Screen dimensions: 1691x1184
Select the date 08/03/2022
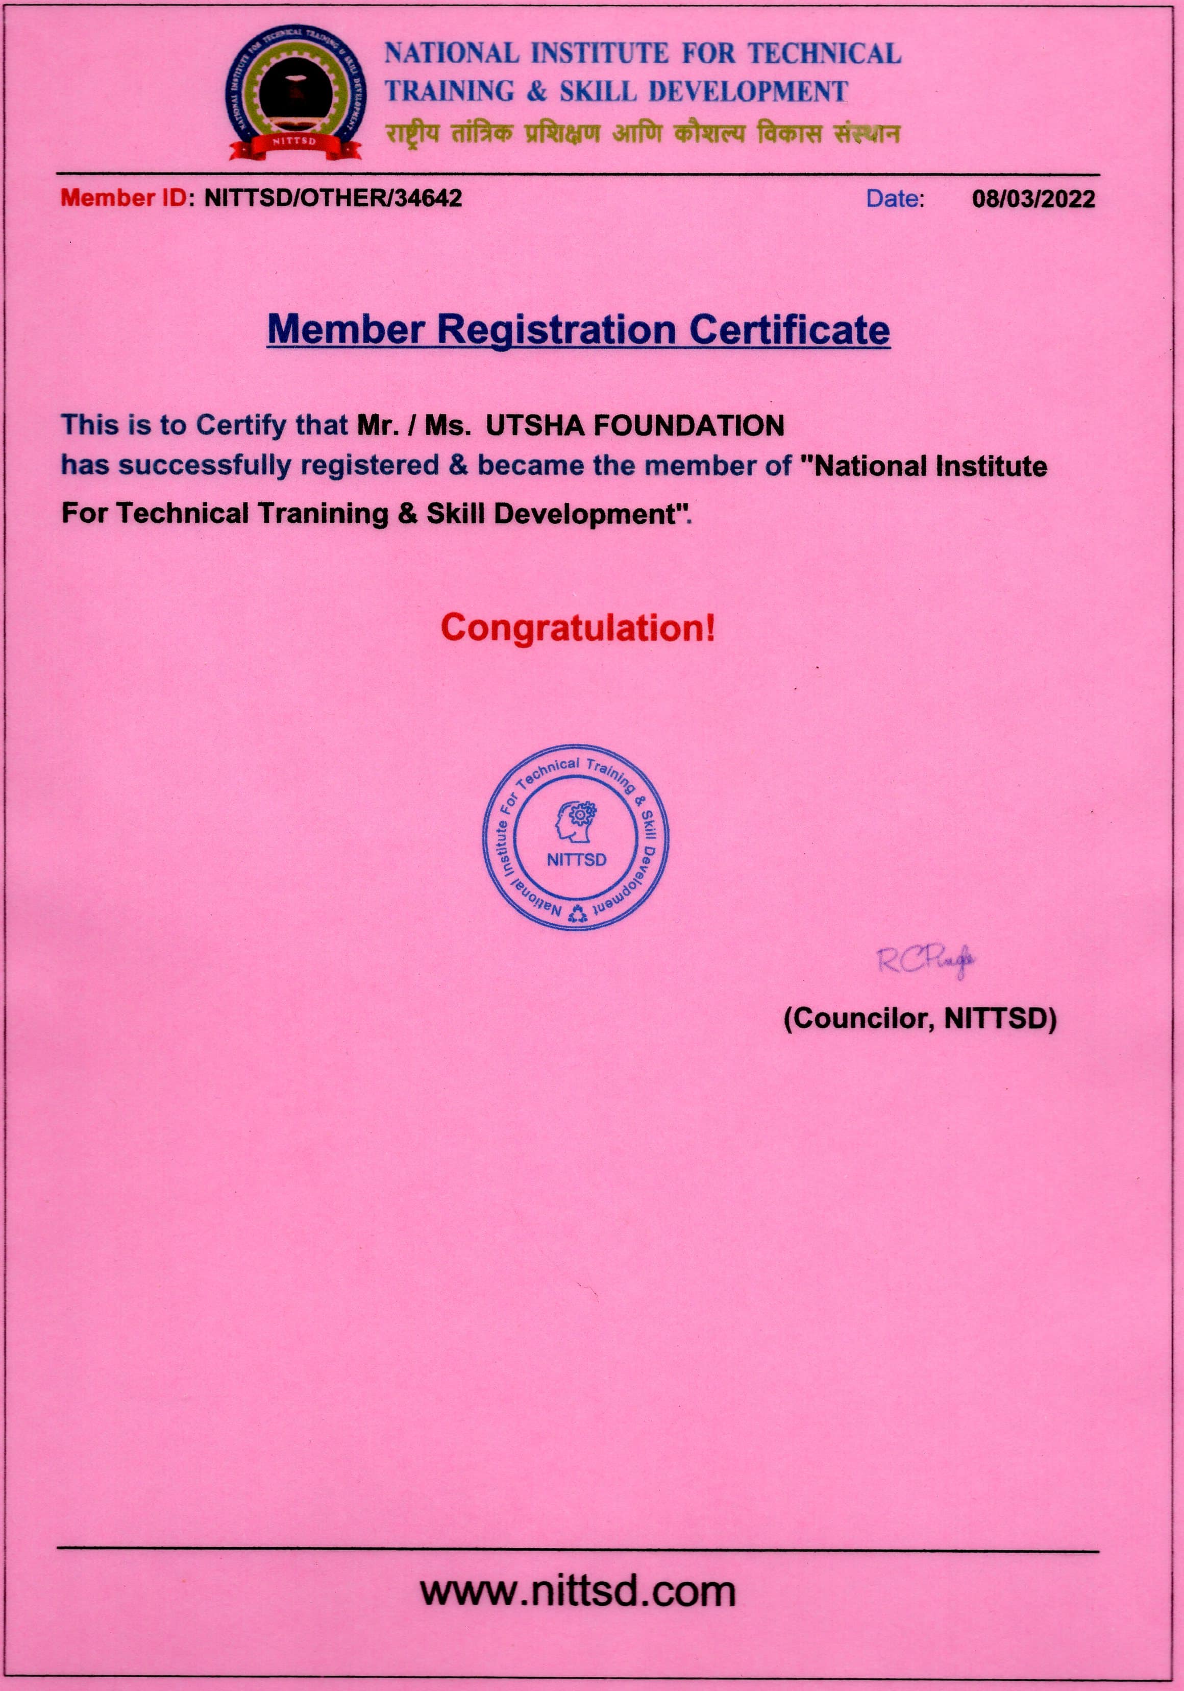(x=1033, y=199)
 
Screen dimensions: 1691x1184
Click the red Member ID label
(x=124, y=198)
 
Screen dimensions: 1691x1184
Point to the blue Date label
(x=895, y=199)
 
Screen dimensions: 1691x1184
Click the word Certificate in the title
(x=790, y=329)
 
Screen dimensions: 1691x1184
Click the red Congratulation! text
(x=578, y=628)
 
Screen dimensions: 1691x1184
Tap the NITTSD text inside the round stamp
(x=577, y=859)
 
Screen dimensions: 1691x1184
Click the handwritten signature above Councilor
(x=926, y=960)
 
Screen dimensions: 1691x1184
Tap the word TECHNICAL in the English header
(x=825, y=53)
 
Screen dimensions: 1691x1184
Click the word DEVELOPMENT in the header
(x=748, y=91)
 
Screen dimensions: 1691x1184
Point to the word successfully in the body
(x=206, y=466)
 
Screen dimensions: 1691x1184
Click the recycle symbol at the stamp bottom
(x=578, y=914)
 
